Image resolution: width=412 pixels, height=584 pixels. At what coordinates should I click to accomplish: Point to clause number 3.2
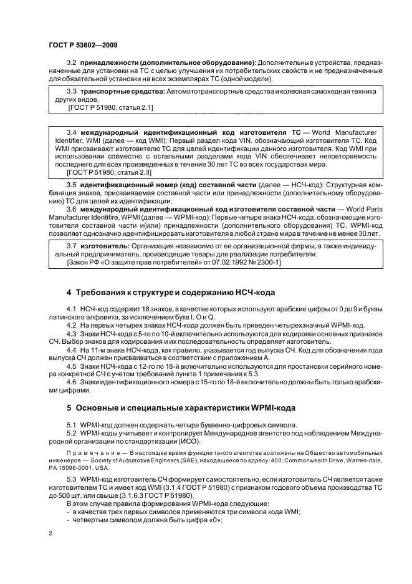pos(71,63)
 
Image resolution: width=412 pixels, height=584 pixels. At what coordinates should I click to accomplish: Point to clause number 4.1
pos(71,309)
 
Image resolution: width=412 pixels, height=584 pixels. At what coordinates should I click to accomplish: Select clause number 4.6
pos(71,382)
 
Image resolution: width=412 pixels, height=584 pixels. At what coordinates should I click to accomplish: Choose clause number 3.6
pos(71,210)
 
